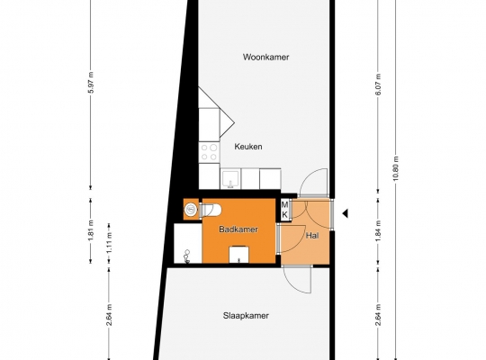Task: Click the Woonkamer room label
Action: (x=265, y=57)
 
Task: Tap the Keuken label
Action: (x=248, y=147)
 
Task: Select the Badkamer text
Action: (x=238, y=229)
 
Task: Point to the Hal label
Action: (x=312, y=236)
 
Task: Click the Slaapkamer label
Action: (x=246, y=316)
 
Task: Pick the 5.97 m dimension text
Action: (x=91, y=83)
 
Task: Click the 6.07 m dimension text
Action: (x=378, y=85)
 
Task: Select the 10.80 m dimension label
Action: (x=396, y=169)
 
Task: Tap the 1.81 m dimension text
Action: (x=91, y=230)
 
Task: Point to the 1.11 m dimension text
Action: (x=109, y=243)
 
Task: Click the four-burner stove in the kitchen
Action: (x=209, y=152)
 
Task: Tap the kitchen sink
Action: (x=230, y=179)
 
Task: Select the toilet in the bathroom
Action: (x=211, y=211)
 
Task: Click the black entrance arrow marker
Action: (x=345, y=213)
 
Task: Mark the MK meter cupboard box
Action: (x=284, y=210)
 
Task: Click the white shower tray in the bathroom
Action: (x=187, y=243)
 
